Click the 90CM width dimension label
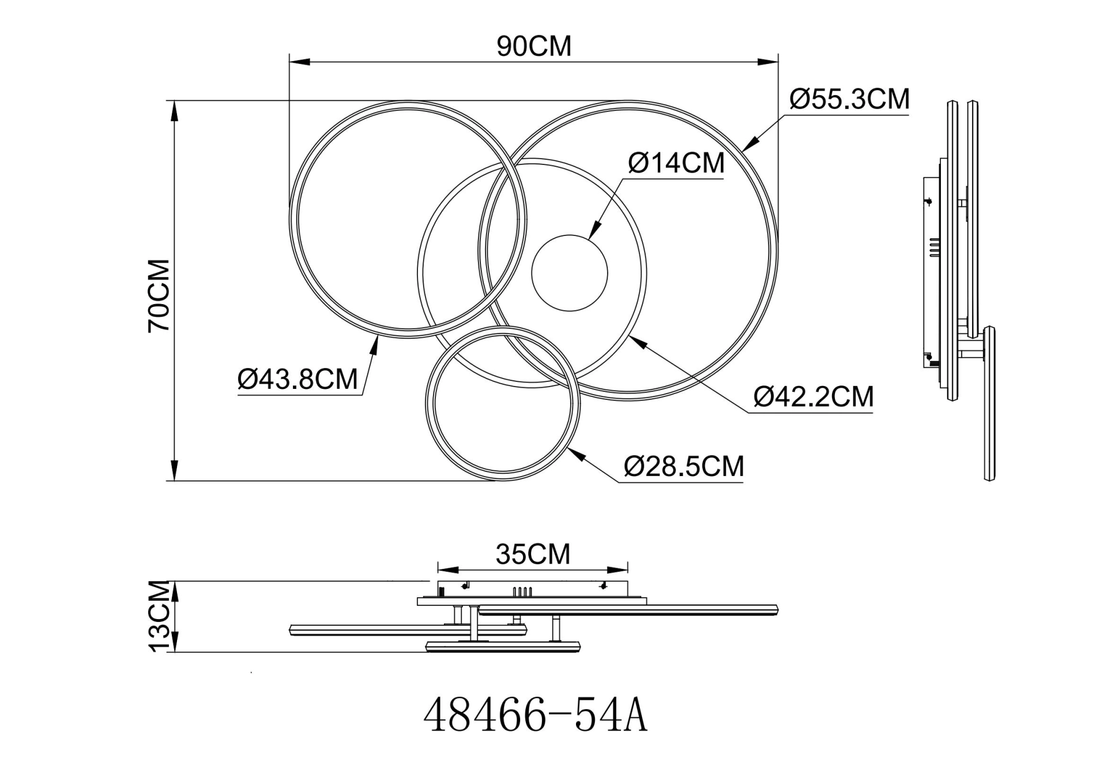[534, 46]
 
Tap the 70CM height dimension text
[159, 295]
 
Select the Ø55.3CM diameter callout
[849, 99]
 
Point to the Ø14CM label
[676, 163]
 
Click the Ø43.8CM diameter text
[298, 380]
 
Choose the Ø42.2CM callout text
[813, 397]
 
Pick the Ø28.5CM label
[684, 466]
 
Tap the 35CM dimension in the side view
[533, 555]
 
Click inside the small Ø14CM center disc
[569, 274]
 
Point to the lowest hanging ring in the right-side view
[989, 404]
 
